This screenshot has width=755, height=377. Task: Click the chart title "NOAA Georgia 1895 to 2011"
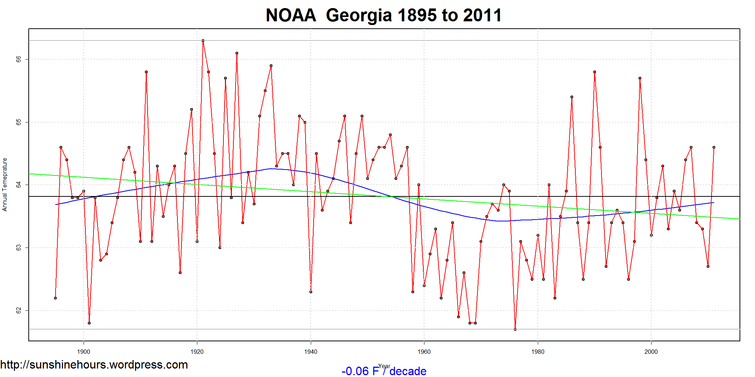(384, 15)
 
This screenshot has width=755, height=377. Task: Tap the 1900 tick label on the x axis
(84, 352)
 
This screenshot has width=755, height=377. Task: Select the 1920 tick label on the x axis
(197, 352)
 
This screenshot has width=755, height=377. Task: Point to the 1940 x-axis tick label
(311, 352)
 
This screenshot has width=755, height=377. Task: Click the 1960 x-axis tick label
(424, 352)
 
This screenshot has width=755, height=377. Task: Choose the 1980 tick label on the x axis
(538, 352)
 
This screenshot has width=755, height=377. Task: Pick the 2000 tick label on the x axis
(651, 352)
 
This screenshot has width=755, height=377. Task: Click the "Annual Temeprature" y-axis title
(5, 185)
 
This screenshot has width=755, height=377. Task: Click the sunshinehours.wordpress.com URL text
(94, 364)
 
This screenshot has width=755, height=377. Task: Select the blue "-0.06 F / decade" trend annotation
(384, 371)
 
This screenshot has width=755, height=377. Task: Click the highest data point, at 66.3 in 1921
(203, 40)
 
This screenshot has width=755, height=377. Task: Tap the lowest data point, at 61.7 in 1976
(515, 329)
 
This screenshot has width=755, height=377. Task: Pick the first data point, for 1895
(55, 298)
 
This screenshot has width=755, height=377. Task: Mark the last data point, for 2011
(714, 147)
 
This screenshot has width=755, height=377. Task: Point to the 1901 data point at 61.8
(89, 323)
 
